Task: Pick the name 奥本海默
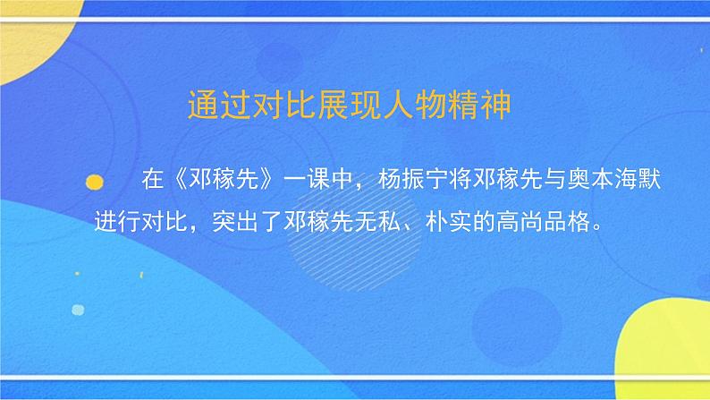point(622,177)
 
